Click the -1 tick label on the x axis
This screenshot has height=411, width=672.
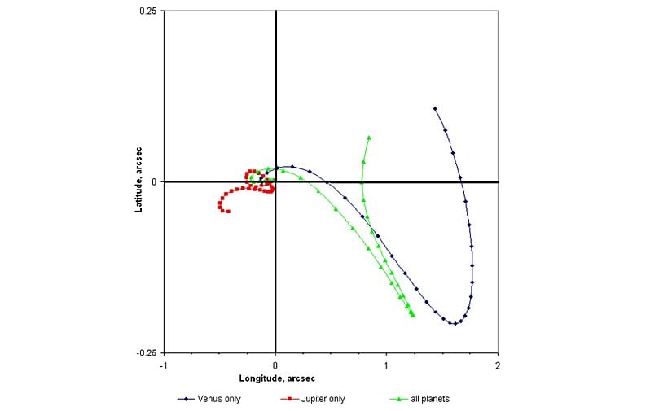165,366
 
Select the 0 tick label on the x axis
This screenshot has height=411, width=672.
275,366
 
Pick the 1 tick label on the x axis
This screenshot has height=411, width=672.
386,366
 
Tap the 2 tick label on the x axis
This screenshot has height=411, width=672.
497,366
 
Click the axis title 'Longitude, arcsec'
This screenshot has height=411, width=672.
276,379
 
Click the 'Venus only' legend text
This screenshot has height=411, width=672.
218,399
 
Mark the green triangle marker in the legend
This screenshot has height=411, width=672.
397,399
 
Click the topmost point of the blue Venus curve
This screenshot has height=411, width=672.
435,108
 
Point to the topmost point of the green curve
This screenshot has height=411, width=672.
369,138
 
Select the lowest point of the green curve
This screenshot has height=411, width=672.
413,315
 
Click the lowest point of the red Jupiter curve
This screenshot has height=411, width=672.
227,212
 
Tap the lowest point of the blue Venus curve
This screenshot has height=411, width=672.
453,324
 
